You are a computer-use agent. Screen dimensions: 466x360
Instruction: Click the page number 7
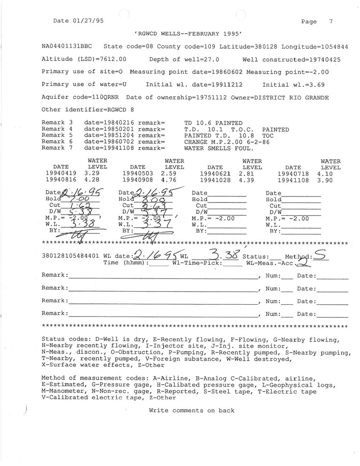(x=331, y=22)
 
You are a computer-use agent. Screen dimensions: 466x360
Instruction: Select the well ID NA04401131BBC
(x=67, y=47)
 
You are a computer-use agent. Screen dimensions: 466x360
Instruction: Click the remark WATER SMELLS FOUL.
(x=218, y=148)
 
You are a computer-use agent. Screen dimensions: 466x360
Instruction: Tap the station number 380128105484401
(x=70, y=257)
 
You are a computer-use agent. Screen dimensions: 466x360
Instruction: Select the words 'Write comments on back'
(x=192, y=411)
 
